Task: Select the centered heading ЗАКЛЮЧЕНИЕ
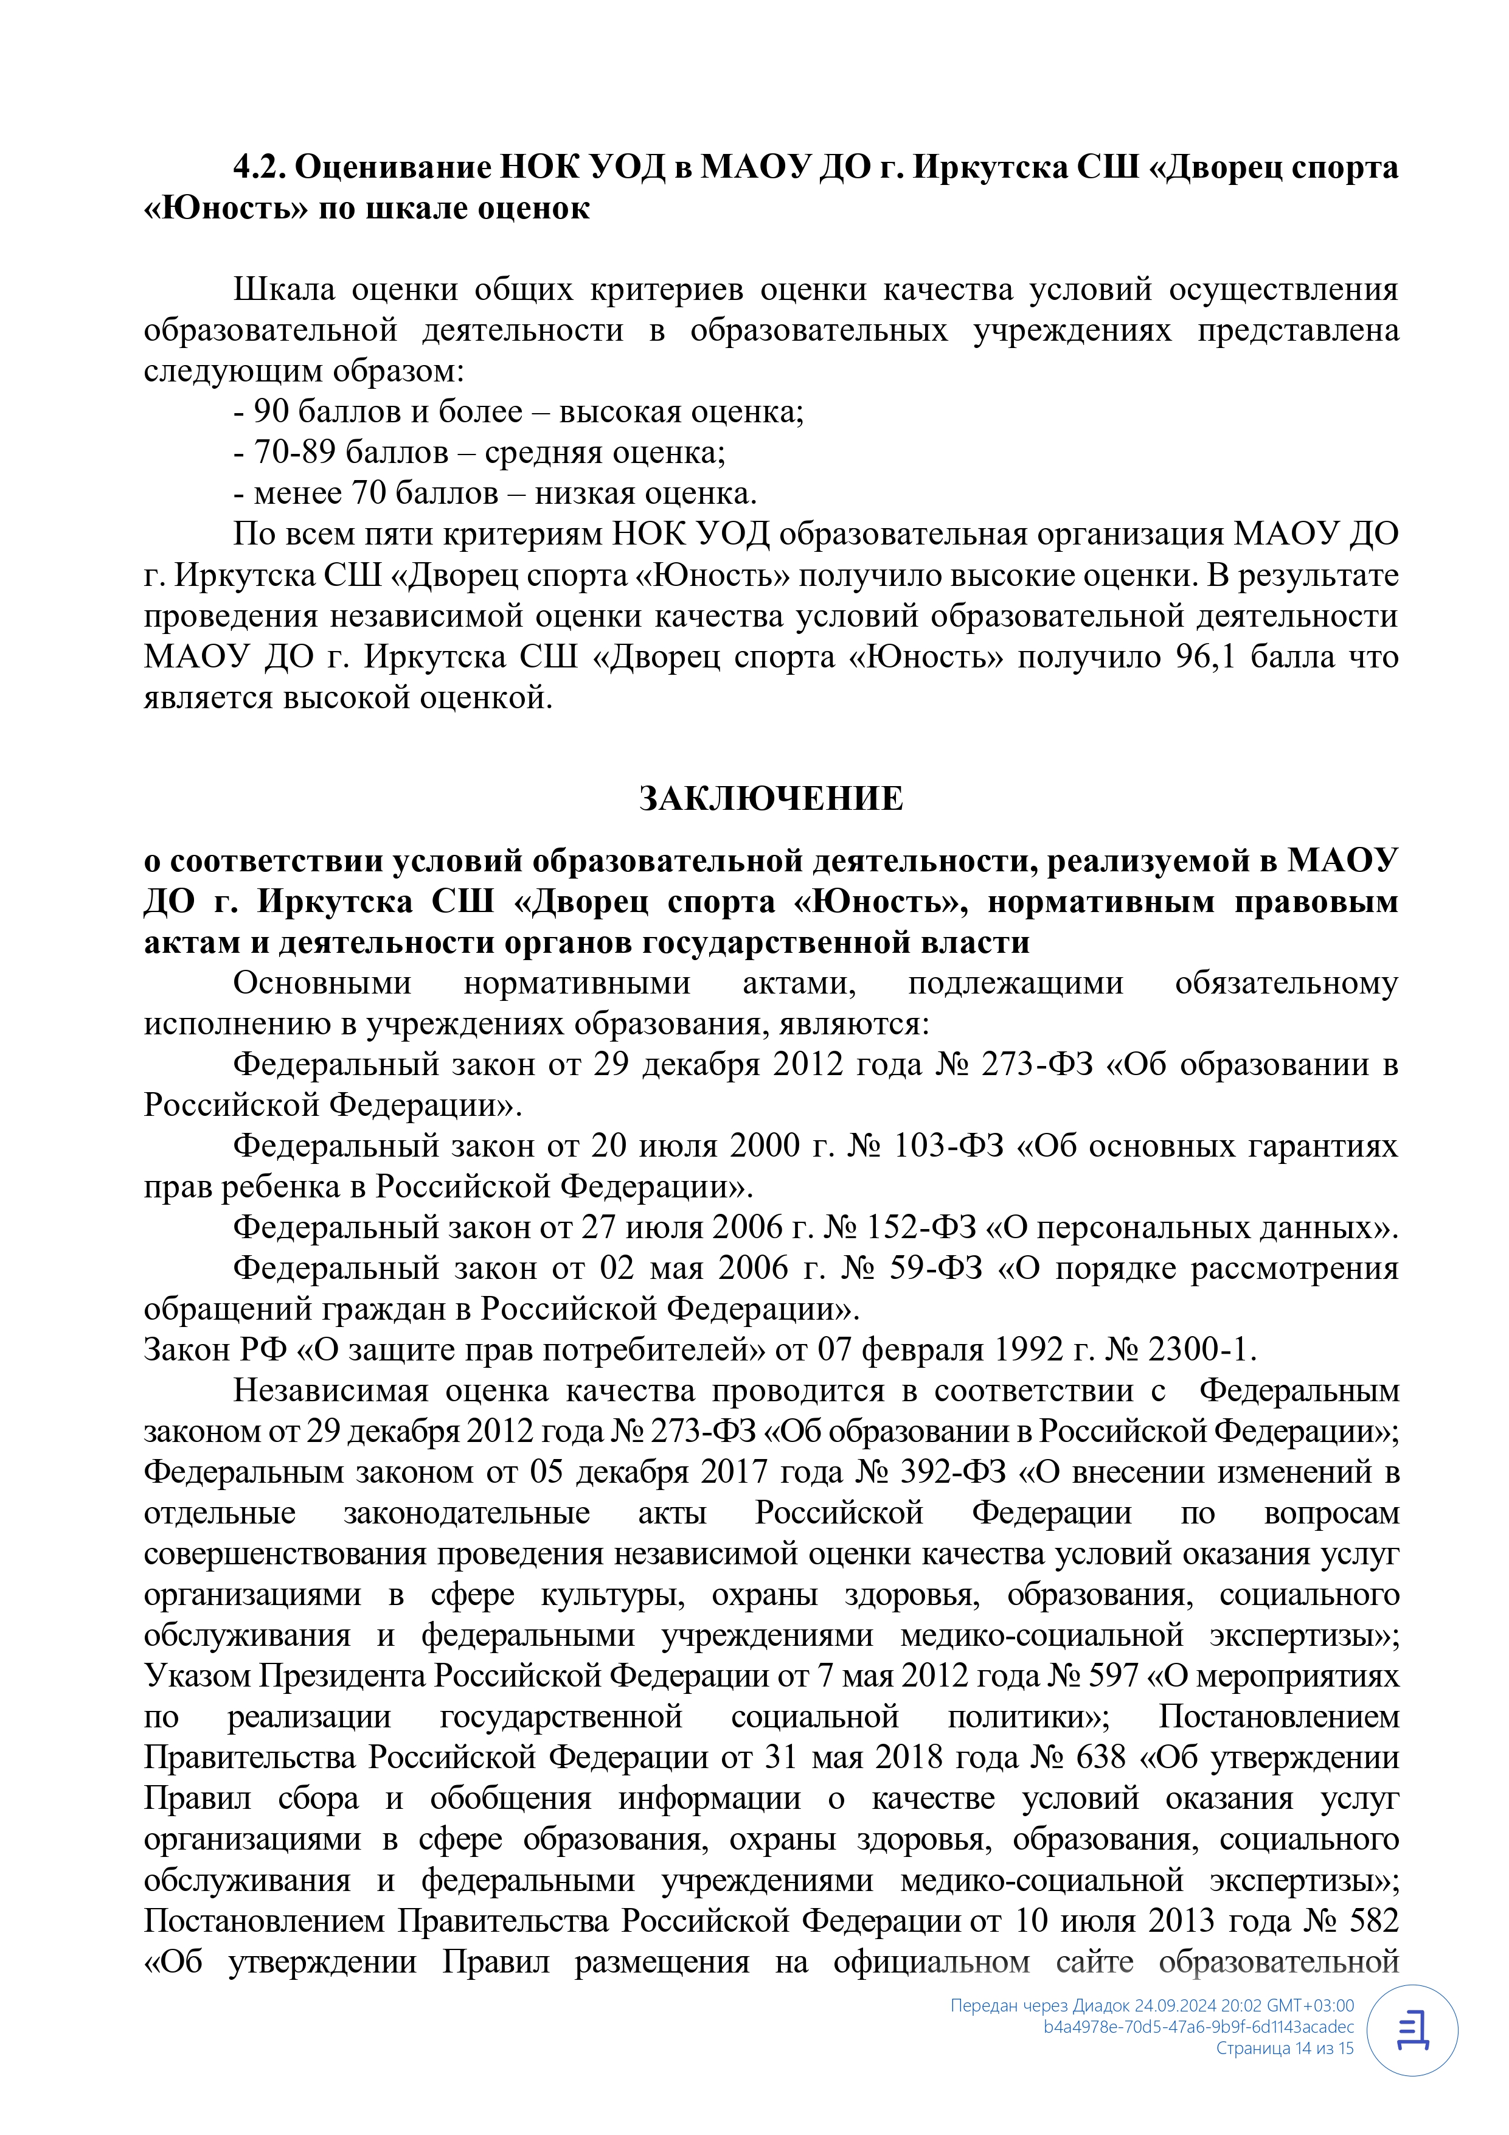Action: click(x=771, y=799)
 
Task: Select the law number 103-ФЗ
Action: click(x=948, y=1146)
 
